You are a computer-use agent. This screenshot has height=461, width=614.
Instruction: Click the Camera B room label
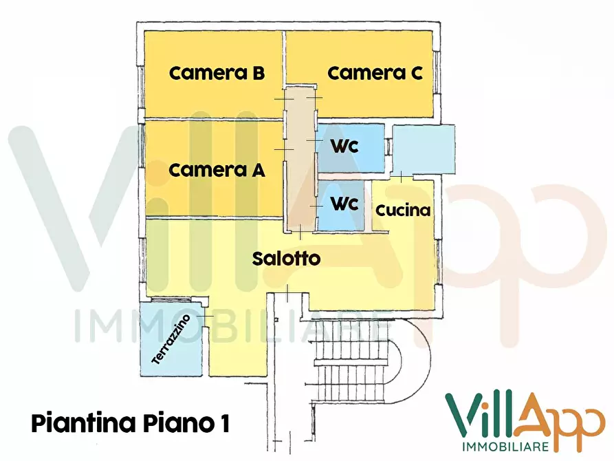click(x=217, y=73)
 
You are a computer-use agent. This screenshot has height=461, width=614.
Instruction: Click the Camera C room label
click(x=375, y=73)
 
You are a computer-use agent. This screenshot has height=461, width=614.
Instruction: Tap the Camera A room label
click(x=217, y=170)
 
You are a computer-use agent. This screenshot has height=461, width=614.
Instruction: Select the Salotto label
click(x=286, y=259)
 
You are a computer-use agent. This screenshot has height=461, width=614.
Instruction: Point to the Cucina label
click(x=403, y=211)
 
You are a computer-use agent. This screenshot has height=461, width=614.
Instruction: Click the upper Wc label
click(x=345, y=147)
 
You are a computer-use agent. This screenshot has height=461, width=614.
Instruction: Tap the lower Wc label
click(x=345, y=204)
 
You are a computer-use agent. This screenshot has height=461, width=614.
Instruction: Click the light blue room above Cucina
click(x=424, y=149)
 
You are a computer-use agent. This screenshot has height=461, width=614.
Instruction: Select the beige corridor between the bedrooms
click(x=300, y=158)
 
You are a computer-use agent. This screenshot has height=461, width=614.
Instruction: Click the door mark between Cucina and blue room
click(x=401, y=177)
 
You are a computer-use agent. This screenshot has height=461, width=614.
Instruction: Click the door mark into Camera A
click(x=280, y=149)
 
